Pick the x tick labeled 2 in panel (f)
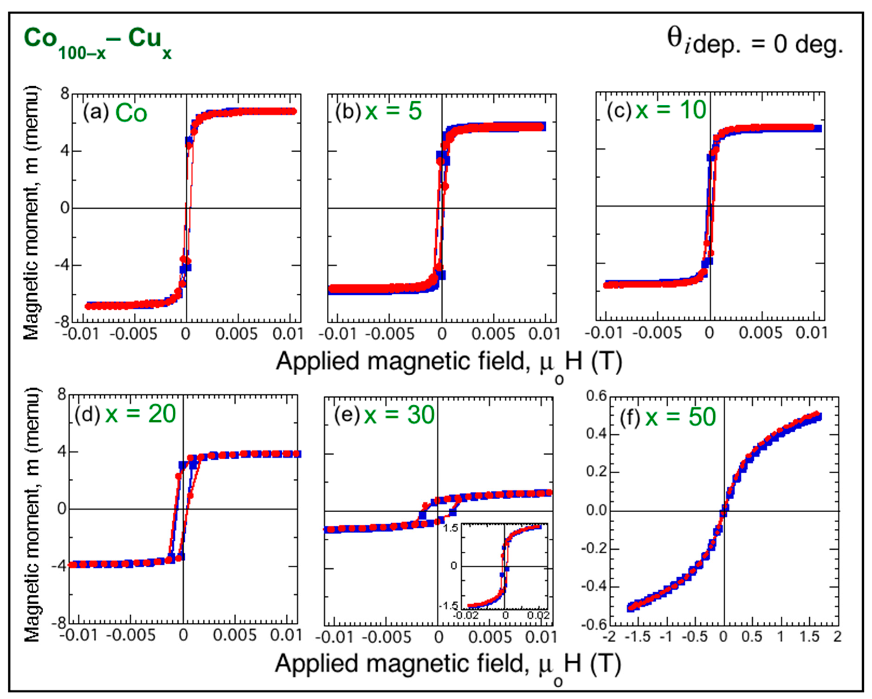pos(837,637)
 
